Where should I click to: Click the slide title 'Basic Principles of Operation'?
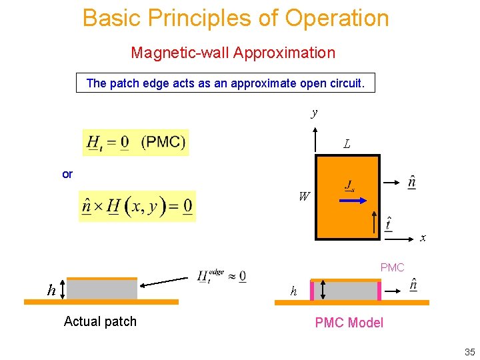click(235, 18)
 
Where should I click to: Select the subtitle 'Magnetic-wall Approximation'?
click(233, 52)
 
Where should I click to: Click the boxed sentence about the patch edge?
click(225, 83)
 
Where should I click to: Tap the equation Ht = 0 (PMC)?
click(136, 142)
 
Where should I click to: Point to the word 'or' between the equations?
click(67, 174)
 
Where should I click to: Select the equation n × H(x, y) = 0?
click(137, 206)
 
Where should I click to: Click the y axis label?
click(314, 113)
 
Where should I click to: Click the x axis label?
click(423, 237)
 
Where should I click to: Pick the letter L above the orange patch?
click(347, 144)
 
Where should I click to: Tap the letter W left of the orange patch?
click(304, 197)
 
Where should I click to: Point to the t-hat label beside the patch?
click(389, 223)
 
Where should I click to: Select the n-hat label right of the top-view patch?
click(413, 182)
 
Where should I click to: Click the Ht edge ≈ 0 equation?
click(221, 276)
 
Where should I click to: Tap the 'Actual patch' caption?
click(100, 321)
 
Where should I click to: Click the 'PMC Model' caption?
click(349, 323)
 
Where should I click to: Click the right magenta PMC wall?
click(379, 290)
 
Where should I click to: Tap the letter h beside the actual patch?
click(51, 290)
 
